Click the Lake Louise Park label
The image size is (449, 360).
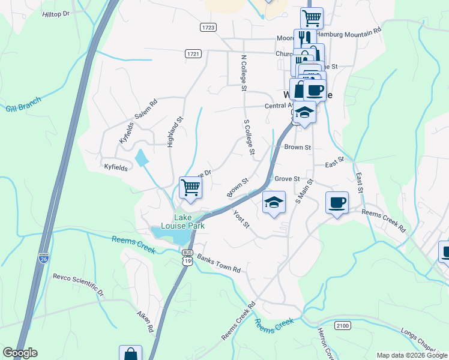tap(190, 221)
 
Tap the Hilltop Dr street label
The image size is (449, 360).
tap(56, 13)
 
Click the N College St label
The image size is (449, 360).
tap(244, 73)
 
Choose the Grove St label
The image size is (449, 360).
tap(287, 179)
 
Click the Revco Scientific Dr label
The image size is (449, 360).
tap(78, 285)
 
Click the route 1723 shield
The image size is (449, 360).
tap(208, 28)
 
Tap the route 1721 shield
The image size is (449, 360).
tap(193, 54)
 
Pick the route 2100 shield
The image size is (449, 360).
tap(342, 325)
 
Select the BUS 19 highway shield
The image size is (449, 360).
tap(188, 258)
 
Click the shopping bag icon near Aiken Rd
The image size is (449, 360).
tap(130, 354)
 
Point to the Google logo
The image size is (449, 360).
tap(20, 353)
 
